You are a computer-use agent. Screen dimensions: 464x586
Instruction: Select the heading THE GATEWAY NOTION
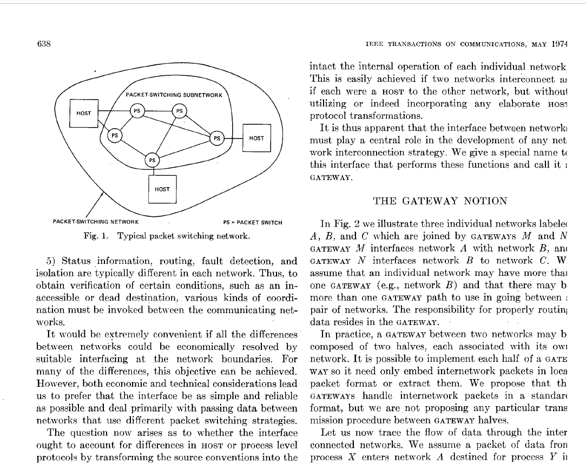440,201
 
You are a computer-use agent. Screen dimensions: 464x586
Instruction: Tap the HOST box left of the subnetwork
84,113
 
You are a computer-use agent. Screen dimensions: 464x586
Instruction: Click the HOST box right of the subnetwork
256,138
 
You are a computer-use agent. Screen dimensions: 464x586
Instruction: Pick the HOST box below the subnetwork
162,189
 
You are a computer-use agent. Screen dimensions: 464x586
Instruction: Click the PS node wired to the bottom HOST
153,160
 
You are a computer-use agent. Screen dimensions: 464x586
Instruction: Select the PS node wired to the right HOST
216,138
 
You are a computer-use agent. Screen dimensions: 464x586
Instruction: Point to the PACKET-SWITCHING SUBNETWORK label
174,95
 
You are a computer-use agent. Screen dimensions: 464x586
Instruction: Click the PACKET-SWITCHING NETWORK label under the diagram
96,222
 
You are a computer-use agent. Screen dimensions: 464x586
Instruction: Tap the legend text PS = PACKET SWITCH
252,222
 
